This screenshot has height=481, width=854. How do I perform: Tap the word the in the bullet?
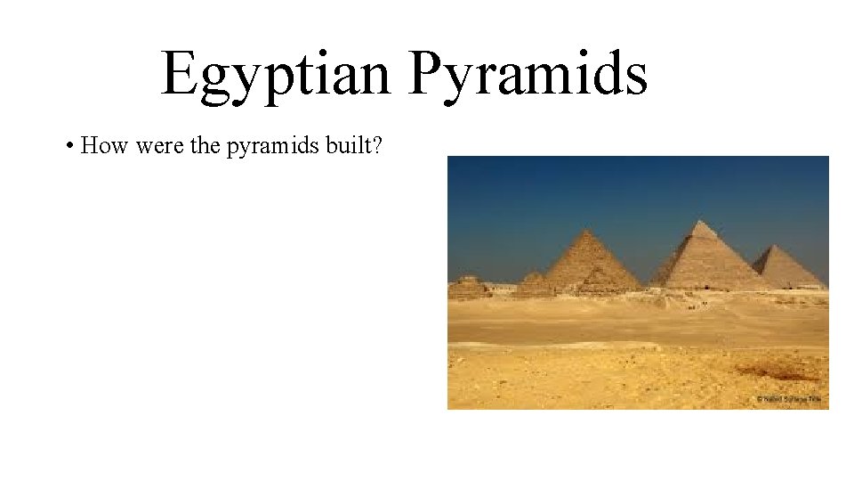(x=205, y=145)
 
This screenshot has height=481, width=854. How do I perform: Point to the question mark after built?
(x=378, y=145)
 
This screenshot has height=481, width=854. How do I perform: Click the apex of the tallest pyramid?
(x=702, y=221)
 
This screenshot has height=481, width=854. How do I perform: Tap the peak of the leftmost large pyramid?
(x=586, y=230)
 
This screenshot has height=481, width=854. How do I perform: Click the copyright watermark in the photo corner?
(x=791, y=400)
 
